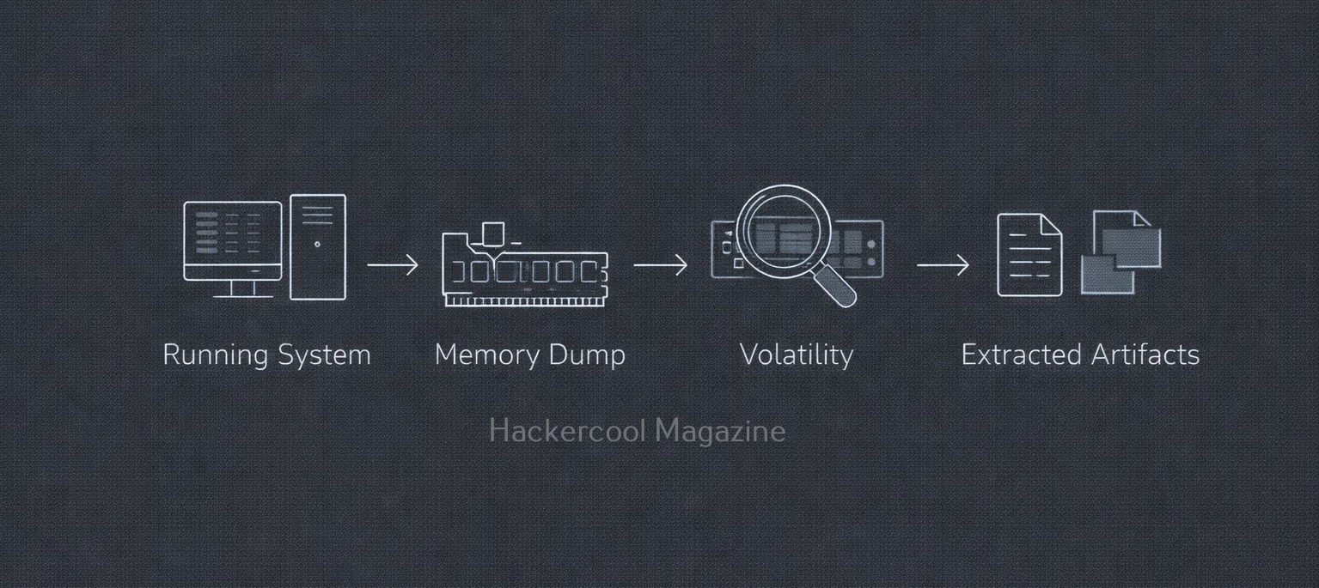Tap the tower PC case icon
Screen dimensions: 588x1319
pyautogui.click(x=317, y=247)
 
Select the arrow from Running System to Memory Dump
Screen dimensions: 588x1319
pyautogui.click(x=393, y=265)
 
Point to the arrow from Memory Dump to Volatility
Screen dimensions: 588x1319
pyautogui.click(x=660, y=265)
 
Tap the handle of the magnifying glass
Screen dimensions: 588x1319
pyautogui.click(x=835, y=286)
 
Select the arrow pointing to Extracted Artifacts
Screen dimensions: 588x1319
pyautogui.click(x=943, y=265)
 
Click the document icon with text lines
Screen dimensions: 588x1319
pyautogui.click(x=1029, y=255)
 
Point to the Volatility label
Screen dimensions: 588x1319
pyautogui.click(x=796, y=355)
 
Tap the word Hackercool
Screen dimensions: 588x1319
pyautogui.click(x=566, y=431)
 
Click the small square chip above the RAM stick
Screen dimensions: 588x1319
pyautogui.click(x=492, y=233)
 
